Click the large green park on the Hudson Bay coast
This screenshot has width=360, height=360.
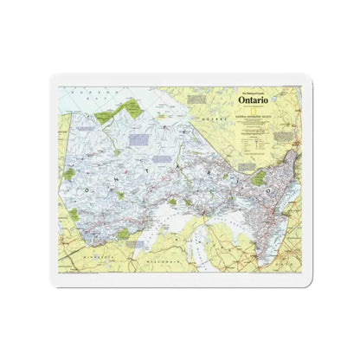[130, 109]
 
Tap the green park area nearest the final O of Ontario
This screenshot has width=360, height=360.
[257, 177]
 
